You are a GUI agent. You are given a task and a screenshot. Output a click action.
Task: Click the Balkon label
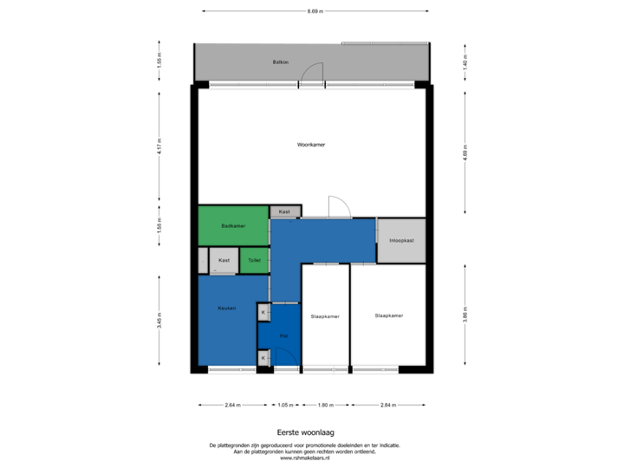pyautogui.click(x=280, y=62)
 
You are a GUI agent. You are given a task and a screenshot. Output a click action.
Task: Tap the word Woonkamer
pyautogui.click(x=310, y=145)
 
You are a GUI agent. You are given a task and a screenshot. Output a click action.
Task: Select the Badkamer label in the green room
pyautogui.click(x=233, y=226)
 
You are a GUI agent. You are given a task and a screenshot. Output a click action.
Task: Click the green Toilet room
pyautogui.click(x=254, y=260)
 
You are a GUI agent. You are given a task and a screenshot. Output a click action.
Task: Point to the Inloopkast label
pyautogui.click(x=401, y=240)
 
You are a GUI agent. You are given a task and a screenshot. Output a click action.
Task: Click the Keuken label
pyautogui.click(x=226, y=307)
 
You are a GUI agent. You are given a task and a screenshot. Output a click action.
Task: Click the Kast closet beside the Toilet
pyautogui.click(x=224, y=260)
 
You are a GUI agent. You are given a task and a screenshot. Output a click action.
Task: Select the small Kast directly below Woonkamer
pyautogui.click(x=284, y=211)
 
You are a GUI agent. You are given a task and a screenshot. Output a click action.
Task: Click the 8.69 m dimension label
pyautogui.click(x=315, y=11)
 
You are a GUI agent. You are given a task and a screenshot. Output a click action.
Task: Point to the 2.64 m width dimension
pyautogui.click(x=232, y=405)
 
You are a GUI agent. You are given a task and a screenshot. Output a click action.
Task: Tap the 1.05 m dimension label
pyautogui.click(x=283, y=405)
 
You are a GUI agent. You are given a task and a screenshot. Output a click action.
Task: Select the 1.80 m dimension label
pyautogui.click(x=325, y=405)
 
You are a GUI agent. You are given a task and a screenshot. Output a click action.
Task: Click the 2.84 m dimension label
pyautogui.click(x=387, y=405)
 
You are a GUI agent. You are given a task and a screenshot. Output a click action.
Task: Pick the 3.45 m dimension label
pyautogui.click(x=159, y=321)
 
